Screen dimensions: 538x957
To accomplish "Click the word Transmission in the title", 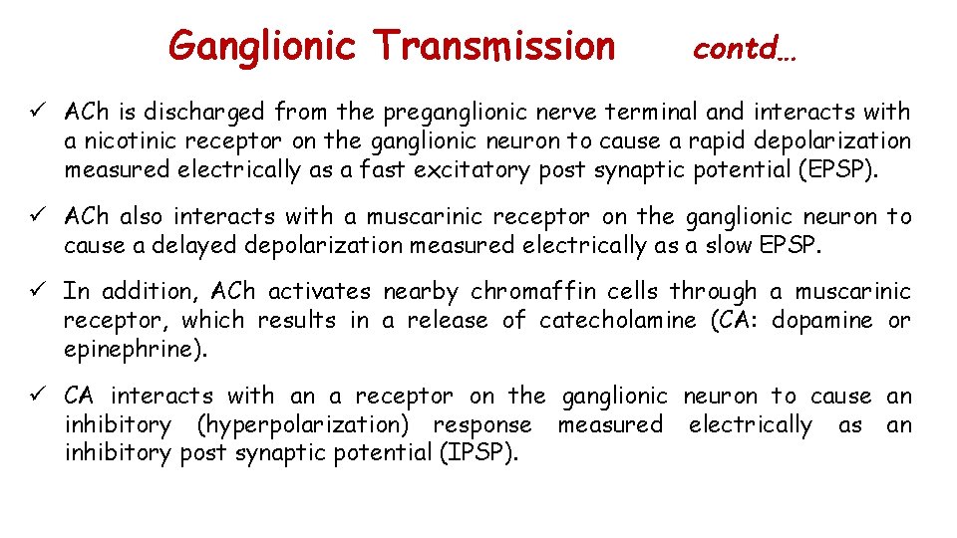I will [494, 46].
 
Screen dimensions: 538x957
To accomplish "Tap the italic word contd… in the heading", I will [744, 48].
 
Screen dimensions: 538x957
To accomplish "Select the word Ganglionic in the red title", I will [262, 46].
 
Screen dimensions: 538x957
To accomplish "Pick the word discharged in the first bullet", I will [213, 112].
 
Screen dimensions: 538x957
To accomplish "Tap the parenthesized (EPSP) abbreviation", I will [839, 169].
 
